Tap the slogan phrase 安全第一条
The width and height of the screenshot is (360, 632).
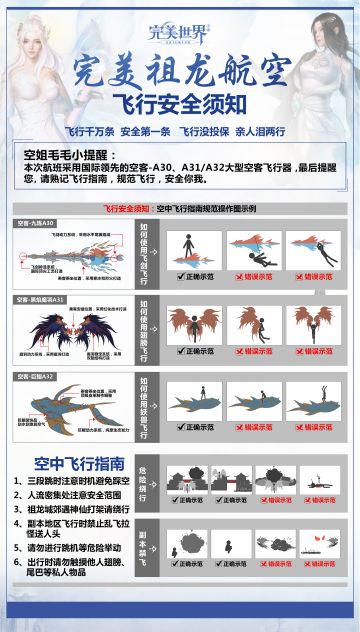[x=147, y=131]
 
